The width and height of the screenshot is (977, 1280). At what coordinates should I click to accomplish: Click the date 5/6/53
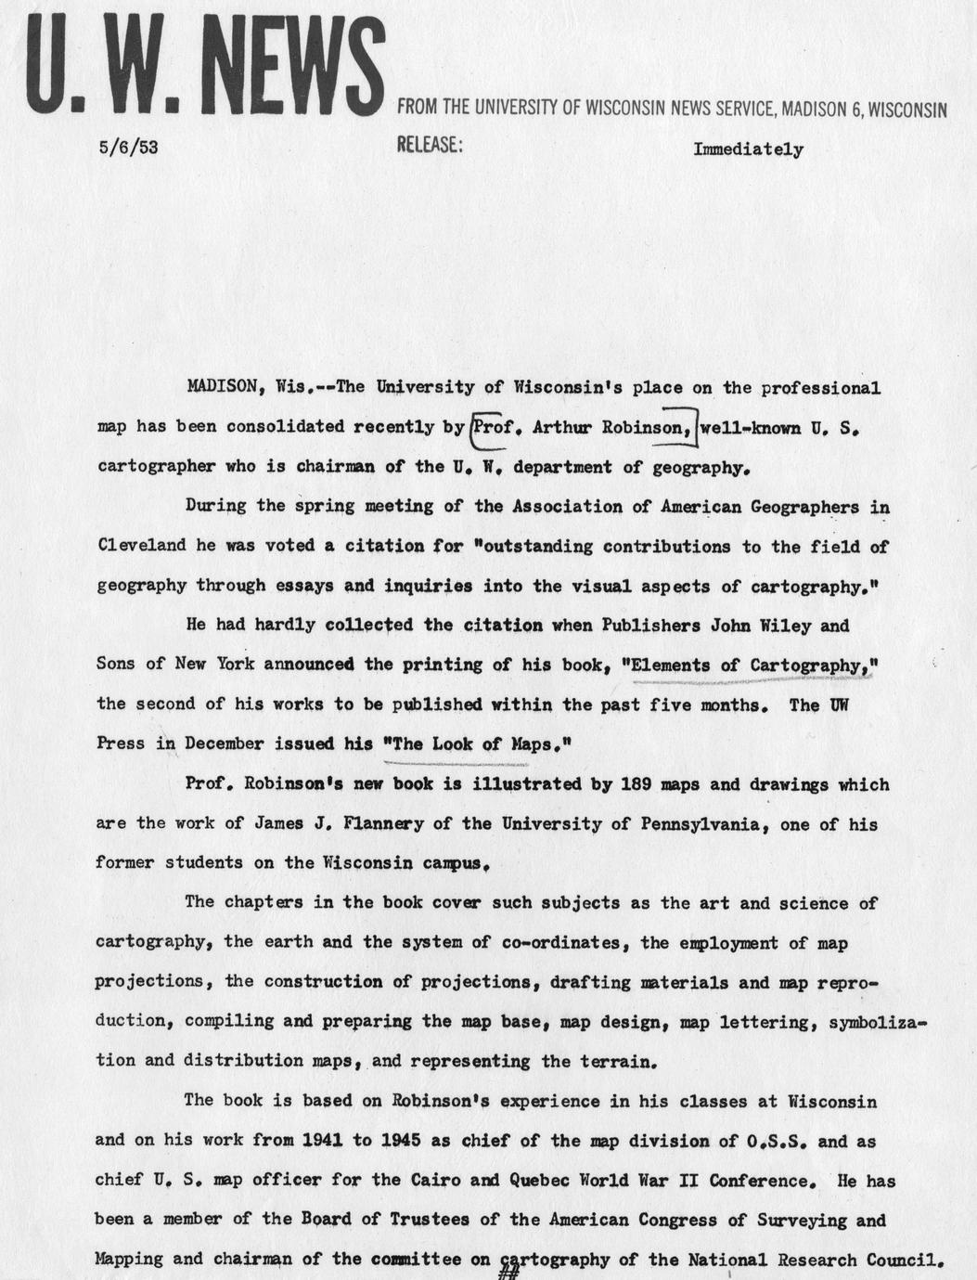pos(127,147)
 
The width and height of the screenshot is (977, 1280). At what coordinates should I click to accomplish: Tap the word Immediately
pos(748,149)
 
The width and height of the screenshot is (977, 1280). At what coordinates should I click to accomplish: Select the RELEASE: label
pos(430,146)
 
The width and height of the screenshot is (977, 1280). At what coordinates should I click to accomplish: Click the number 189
pos(630,784)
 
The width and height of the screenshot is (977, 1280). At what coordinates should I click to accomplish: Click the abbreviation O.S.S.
pos(775,1141)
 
